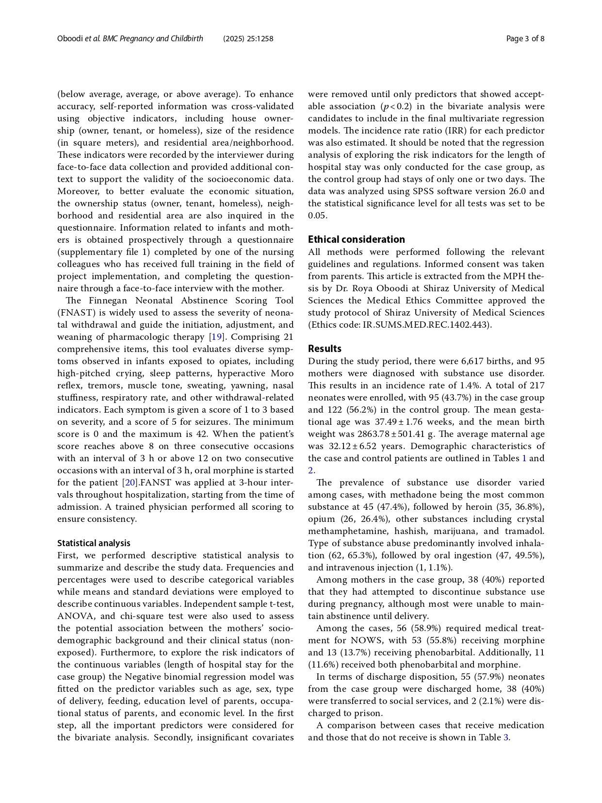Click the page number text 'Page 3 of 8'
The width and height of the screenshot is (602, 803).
pyautogui.click(x=525, y=39)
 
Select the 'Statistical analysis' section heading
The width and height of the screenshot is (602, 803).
pyautogui.click(x=94, y=543)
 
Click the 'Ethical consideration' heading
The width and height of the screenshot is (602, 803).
pyautogui.click(x=356, y=239)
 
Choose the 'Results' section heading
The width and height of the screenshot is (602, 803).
pyautogui.click(x=325, y=349)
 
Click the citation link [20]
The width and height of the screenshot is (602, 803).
pyautogui.click(x=130, y=483)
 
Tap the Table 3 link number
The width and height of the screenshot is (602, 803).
pyautogui.click(x=506, y=737)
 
